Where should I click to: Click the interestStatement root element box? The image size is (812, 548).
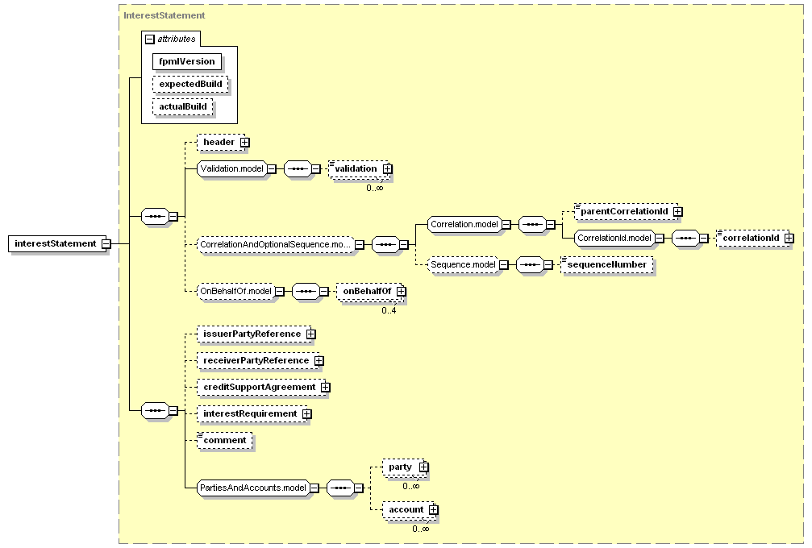point(55,243)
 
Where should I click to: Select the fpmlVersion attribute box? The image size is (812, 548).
point(187,61)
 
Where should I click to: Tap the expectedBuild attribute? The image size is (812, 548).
point(190,85)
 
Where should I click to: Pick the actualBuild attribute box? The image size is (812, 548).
point(183,107)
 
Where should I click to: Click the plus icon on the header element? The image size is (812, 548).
point(245,143)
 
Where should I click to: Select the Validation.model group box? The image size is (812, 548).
point(232,168)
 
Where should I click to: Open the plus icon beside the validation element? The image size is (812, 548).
point(388,169)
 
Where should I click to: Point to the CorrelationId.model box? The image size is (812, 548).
point(614,238)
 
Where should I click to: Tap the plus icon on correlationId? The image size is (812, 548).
point(789,238)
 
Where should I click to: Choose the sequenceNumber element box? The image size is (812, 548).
point(607,265)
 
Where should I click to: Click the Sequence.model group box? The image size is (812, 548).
point(463,265)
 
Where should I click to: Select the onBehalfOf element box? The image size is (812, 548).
point(370,292)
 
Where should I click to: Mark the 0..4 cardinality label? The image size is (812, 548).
point(389,310)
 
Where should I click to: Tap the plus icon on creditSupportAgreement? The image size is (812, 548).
point(325,388)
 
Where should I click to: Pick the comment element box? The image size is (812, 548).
point(225,441)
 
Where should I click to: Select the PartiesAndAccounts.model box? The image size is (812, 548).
point(253,488)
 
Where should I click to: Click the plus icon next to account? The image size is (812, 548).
point(434,510)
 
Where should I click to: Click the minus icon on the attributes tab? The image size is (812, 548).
point(150,39)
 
